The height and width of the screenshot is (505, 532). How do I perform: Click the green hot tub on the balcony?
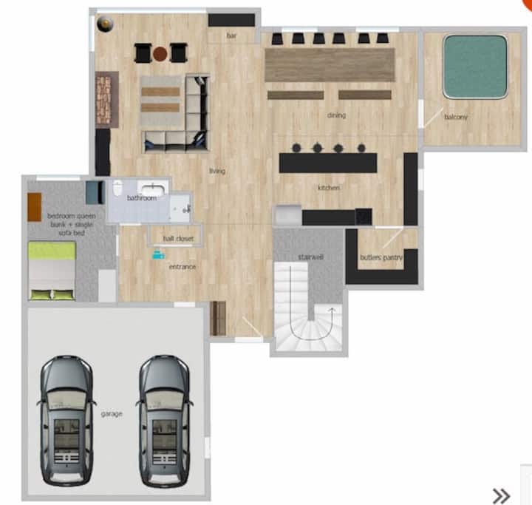click(475, 67)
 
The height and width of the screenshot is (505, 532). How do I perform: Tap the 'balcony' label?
click(456, 117)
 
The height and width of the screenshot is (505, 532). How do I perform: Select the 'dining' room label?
click(336, 115)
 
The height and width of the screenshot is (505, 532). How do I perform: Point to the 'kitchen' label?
click(328, 188)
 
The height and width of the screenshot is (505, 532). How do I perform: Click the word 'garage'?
click(112, 414)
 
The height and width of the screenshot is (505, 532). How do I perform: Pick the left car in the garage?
click(66, 421)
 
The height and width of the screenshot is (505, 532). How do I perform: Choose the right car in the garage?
click(165, 421)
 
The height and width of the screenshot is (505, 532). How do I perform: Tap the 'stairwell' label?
click(310, 257)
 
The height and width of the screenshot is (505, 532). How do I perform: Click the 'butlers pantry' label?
click(381, 257)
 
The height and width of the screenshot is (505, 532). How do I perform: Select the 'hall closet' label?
click(178, 238)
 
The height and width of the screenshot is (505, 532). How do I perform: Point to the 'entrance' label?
click(183, 267)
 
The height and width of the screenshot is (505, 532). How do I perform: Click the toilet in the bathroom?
click(117, 188)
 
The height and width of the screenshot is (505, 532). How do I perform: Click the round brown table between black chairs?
click(160, 53)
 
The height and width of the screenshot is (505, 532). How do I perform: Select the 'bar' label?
click(231, 35)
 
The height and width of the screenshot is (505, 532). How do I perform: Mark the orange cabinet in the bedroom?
click(35, 207)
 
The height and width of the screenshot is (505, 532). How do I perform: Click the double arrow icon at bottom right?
click(501, 496)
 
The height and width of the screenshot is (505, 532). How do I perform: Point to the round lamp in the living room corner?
click(105, 24)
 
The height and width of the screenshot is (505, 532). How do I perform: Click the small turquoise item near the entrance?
click(158, 254)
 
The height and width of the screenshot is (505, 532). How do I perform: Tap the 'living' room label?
click(217, 171)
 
